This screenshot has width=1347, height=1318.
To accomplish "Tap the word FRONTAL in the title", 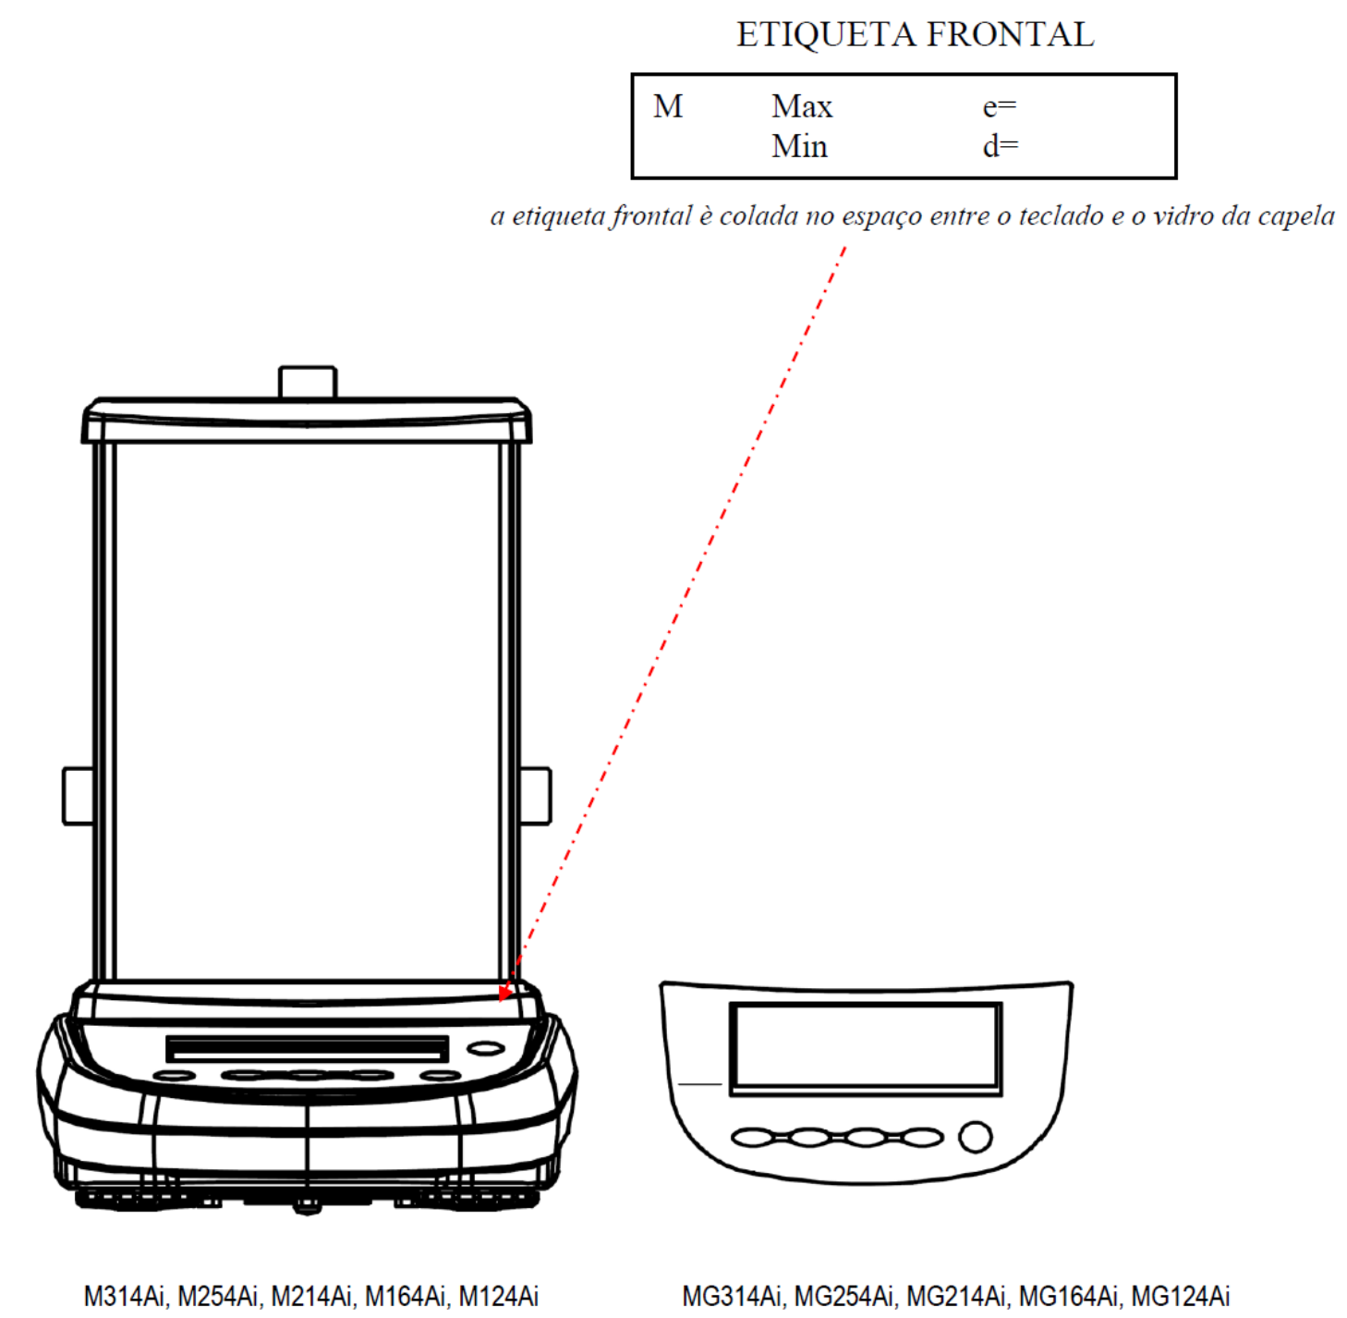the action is pyautogui.click(x=1011, y=34).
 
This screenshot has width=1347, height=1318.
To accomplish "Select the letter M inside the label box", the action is pyautogui.click(x=668, y=106).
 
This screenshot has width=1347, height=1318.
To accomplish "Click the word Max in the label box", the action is pyautogui.click(x=802, y=106).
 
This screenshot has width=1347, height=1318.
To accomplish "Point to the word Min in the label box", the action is pyautogui.click(x=799, y=147).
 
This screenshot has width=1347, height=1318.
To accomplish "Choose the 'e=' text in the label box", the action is pyautogui.click(x=1000, y=107).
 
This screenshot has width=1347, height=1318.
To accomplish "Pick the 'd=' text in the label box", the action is pyautogui.click(x=1001, y=146).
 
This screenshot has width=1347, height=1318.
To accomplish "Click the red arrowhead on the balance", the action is pyautogui.click(x=506, y=992).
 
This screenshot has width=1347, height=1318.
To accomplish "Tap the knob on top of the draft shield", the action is pyautogui.click(x=308, y=383).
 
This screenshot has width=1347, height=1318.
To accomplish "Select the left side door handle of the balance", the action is pyautogui.click(x=79, y=796).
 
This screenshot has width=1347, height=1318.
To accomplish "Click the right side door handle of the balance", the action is pyautogui.click(x=535, y=796).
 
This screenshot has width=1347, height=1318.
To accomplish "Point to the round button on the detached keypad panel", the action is pyautogui.click(x=976, y=1137).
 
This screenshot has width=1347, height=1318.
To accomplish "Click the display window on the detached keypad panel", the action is pyautogui.click(x=866, y=1049).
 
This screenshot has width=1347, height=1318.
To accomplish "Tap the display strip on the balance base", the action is pyautogui.click(x=307, y=1049).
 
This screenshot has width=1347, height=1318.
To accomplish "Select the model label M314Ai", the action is pyautogui.click(x=126, y=1296).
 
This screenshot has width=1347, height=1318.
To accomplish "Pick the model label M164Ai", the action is pyautogui.click(x=407, y=1296).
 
